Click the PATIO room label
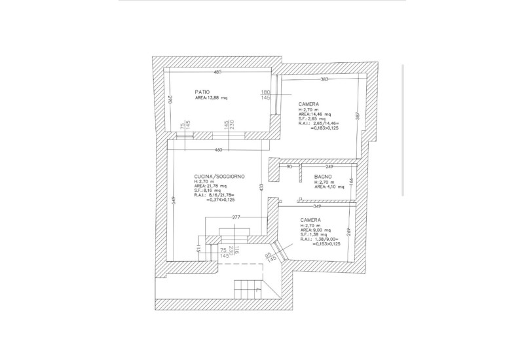point(202,91)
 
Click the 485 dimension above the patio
point(217,72)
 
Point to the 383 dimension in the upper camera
point(324,79)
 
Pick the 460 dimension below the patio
point(219,151)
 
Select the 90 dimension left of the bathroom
point(289,167)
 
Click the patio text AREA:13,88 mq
point(212,98)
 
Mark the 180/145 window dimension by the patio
point(266,95)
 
